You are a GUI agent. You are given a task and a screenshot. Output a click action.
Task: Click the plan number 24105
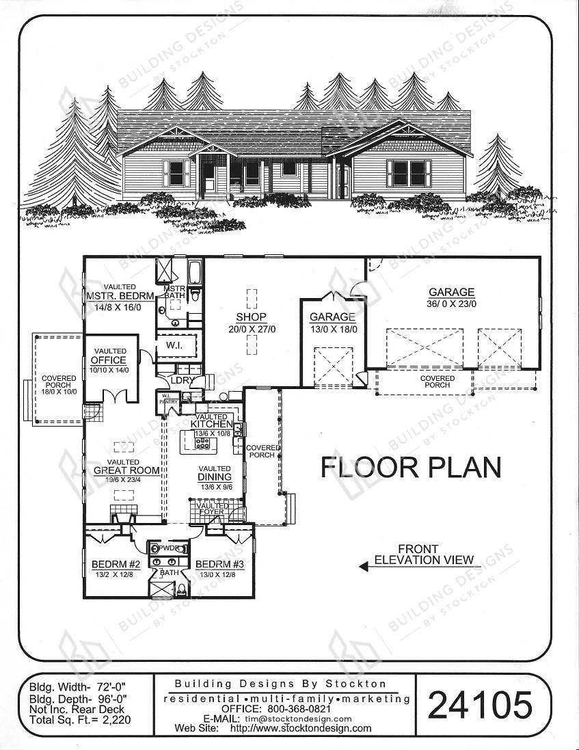tap(480, 705)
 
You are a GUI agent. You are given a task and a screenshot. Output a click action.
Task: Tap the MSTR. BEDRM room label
tap(120, 296)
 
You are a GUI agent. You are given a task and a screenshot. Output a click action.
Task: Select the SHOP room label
tap(251, 317)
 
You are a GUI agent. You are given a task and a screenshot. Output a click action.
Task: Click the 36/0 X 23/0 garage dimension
tap(452, 304)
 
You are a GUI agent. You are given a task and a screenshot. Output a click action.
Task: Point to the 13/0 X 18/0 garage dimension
tap(332, 329)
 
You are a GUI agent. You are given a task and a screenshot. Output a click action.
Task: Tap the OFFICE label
tap(109, 360)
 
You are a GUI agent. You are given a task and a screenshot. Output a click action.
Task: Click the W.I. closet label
tap(174, 345)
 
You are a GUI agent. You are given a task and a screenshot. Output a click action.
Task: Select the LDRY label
tap(181, 381)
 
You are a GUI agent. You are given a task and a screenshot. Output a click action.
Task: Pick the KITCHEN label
tap(212, 425)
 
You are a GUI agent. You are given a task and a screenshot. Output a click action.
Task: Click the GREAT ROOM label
tap(126, 470)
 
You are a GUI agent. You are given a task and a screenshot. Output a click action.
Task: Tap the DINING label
tap(215, 477)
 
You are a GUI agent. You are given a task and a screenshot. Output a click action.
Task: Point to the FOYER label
tap(212, 512)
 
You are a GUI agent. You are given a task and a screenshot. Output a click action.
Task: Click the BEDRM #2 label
tap(116, 565)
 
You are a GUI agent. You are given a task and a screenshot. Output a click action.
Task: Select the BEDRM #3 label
tap(219, 565)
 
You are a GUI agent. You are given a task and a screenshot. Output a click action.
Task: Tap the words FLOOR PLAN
tap(411, 468)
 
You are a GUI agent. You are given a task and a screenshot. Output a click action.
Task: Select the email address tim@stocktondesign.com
tap(297, 719)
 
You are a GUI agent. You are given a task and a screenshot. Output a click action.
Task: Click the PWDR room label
tap(167, 548)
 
